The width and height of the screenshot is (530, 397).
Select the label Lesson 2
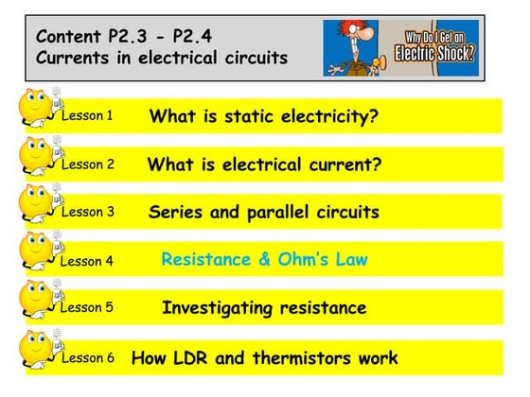[87, 164]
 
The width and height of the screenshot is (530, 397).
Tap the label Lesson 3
[87, 213]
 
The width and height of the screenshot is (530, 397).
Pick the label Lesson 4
[87, 261]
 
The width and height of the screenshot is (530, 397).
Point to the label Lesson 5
[87, 309]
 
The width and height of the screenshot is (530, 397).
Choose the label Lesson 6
[87, 358]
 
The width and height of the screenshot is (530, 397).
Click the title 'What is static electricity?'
[264, 116]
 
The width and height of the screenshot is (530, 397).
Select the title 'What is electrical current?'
[264, 164]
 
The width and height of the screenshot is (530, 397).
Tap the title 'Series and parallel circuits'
[264, 212]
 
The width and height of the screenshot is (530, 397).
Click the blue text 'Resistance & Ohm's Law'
[264, 258]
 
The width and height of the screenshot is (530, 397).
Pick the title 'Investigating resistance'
[264, 308]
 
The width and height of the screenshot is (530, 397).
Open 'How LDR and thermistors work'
[264, 358]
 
